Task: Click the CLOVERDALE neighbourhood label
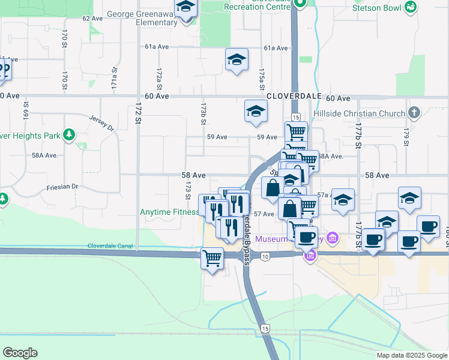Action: tap(291, 96)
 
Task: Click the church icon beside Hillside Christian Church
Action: tap(413, 113)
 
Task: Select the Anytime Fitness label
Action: tap(169, 212)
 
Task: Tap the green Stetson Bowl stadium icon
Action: tap(411, 7)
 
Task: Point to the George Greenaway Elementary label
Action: tap(142, 18)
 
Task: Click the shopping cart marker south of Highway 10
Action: tap(211, 259)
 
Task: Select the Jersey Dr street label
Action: tap(101, 123)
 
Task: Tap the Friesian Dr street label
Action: tap(62, 187)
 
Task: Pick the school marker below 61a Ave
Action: tap(237, 59)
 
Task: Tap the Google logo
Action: tap(20, 353)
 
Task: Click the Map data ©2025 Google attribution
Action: tap(411, 355)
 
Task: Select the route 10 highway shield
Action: tap(266, 257)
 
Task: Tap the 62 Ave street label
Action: tap(93, 19)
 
